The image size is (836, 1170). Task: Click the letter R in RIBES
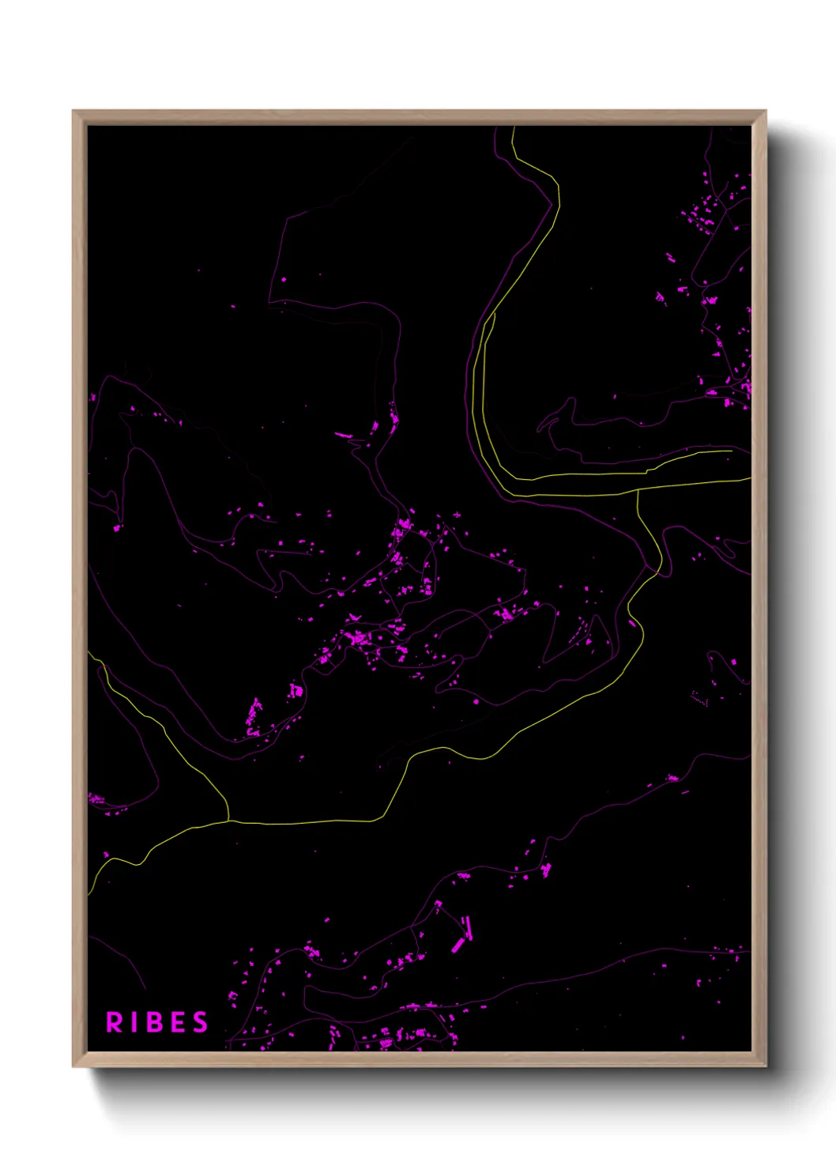[115, 1022]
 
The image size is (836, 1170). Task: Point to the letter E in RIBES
[179, 1022]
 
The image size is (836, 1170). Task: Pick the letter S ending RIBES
[201, 1022]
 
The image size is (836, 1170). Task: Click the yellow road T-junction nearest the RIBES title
[229, 821]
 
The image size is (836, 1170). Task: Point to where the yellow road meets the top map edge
[514, 127]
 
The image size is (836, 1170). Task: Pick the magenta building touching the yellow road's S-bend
[632, 623]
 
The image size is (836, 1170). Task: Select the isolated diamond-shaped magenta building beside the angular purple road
[284, 279]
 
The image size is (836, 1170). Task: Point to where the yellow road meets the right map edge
[750, 478]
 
